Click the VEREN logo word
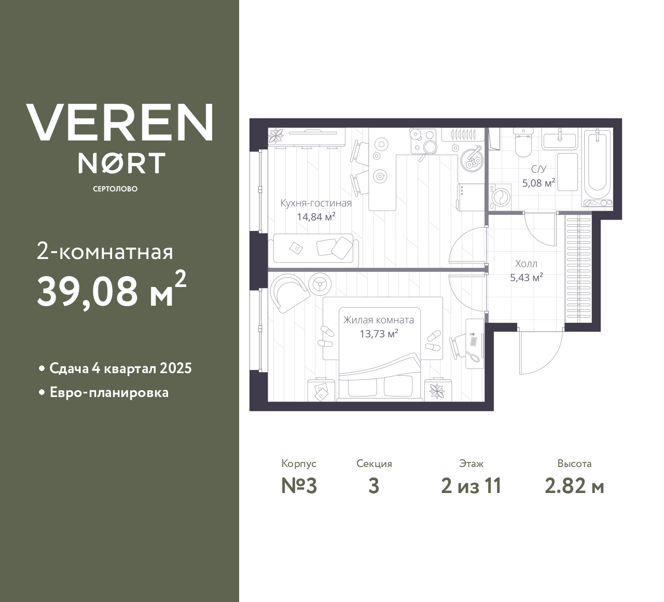pos(119,122)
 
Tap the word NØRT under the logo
pos(121,163)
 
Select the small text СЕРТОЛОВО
pos(115,189)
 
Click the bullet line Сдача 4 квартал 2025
pos(120,368)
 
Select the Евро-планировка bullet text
pos(109,392)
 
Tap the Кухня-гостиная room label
pos(316,203)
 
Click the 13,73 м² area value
pos(379,334)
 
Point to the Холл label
pos(526,264)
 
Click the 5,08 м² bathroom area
pos(539,183)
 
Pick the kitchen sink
pos(472,158)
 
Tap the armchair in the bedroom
pos(289,292)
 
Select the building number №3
pos(299,486)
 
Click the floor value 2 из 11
pos(471,486)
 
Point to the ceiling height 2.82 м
pos(574,486)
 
